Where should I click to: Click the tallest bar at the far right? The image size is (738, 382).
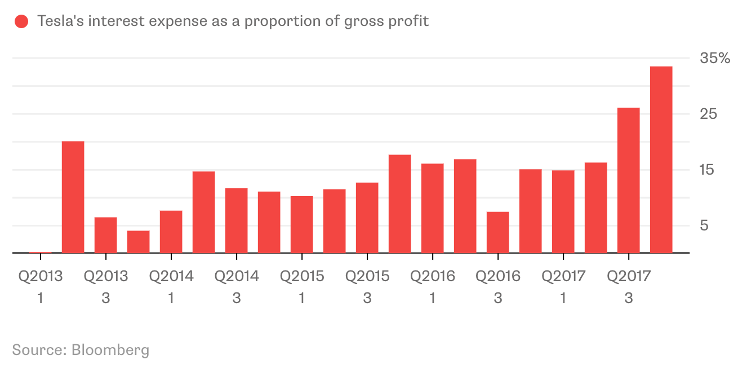pos(661,160)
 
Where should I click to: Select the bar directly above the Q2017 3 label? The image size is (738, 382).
pos(628,180)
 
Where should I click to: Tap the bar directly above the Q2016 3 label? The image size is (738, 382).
pos(497,233)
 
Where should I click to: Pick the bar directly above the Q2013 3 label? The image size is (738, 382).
pos(105,236)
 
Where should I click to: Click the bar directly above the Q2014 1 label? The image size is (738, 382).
pos(171,232)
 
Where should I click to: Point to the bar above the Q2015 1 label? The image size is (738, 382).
pos(301,225)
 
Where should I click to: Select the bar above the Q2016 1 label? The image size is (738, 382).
pos(432,208)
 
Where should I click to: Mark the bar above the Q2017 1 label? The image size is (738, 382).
pos(563,212)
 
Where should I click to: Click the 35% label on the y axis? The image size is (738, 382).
pos(714,58)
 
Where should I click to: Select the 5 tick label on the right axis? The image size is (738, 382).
pos(704,225)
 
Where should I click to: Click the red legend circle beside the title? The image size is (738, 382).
pos(21,22)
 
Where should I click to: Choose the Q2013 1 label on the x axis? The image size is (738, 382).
pos(40,286)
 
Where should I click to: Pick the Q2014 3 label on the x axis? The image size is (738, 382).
pos(236,286)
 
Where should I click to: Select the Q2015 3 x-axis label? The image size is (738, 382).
pos(367,286)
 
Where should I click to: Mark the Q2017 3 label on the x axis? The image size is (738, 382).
pos(628,286)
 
